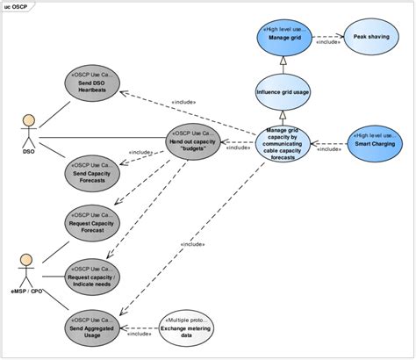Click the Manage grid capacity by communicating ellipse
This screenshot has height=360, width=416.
pyautogui.click(x=282, y=142)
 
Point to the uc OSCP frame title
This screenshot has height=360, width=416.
pyautogui.click(x=18, y=6)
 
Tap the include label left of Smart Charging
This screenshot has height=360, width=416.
pyautogui.click(x=329, y=150)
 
